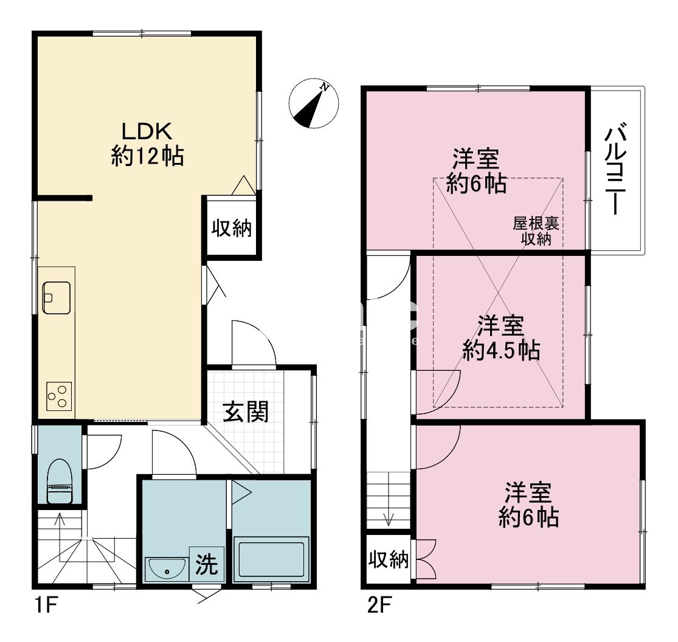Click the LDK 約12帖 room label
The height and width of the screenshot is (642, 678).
pos(148,144)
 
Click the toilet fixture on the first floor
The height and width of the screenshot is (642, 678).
pos(60,481)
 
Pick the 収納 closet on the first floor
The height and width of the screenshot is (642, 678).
pos(232,229)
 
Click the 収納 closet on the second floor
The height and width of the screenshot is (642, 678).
pos(389,560)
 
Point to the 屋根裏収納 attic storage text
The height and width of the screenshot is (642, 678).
pos(536,231)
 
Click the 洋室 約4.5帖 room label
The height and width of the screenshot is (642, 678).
pos(500,338)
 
